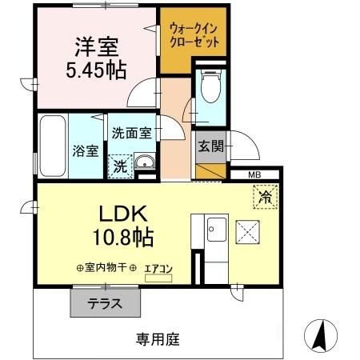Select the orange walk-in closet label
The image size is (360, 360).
click(x=194, y=35)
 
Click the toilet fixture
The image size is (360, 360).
click(x=210, y=88)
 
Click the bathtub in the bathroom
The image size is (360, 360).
click(x=53, y=146)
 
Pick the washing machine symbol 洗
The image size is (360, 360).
click(x=118, y=167)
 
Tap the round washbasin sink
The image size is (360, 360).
click(x=146, y=165)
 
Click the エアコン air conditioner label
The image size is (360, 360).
click(x=158, y=269)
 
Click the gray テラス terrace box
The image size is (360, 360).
click(x=106, y=304)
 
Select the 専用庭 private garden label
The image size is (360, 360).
click(x=157, y=338)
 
